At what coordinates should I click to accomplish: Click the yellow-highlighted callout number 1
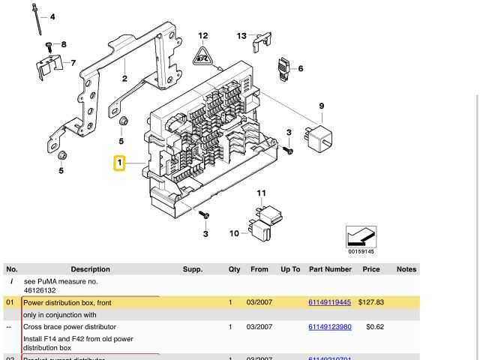click(x=118, y=163)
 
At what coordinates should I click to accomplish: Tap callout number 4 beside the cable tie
click(x=52, y=16)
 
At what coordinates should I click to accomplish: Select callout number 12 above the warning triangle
click(x=202, y=35)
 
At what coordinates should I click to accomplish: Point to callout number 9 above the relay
click(x=321, y=106)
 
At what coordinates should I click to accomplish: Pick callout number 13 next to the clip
click(x=241, y=35)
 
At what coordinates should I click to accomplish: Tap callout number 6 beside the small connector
click(x=301, y=69)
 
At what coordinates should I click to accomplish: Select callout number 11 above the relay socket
click(x=261, y=193)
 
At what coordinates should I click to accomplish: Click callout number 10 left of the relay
click(x=233, y=234)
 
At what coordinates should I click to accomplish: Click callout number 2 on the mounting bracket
click(x=124, y=77)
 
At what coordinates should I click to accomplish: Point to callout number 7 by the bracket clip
click(x=73, y=63)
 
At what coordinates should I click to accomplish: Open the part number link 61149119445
click(x=329, y=302)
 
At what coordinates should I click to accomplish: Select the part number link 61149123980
click(x=329, y=327)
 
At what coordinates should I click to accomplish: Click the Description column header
click(x=90, y=269)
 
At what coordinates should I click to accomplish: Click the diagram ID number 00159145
click(x=361, y=251)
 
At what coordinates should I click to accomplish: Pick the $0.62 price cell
click(x=375, y=327)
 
